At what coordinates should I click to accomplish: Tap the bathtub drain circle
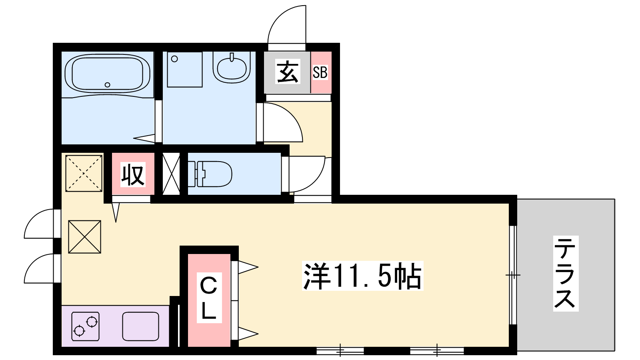[107, 85]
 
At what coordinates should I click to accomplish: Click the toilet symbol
[210, 174]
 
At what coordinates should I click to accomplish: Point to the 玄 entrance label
[287, 72]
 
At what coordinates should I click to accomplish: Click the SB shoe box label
[320, 72]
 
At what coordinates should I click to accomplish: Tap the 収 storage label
[133, 175]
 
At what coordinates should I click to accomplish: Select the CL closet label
[208, 298]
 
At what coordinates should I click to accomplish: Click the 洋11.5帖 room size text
[362, 276]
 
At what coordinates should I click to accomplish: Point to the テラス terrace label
[566, 274]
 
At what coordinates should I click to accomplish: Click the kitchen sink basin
[140, 326]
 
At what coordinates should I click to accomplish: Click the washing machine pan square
[184, 70]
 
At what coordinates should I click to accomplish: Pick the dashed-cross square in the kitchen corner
[84, 173]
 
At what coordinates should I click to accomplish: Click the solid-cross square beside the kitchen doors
[84, 237]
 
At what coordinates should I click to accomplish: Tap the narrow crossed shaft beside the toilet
[171, 174]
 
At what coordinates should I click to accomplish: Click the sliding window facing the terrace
[513, 275]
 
